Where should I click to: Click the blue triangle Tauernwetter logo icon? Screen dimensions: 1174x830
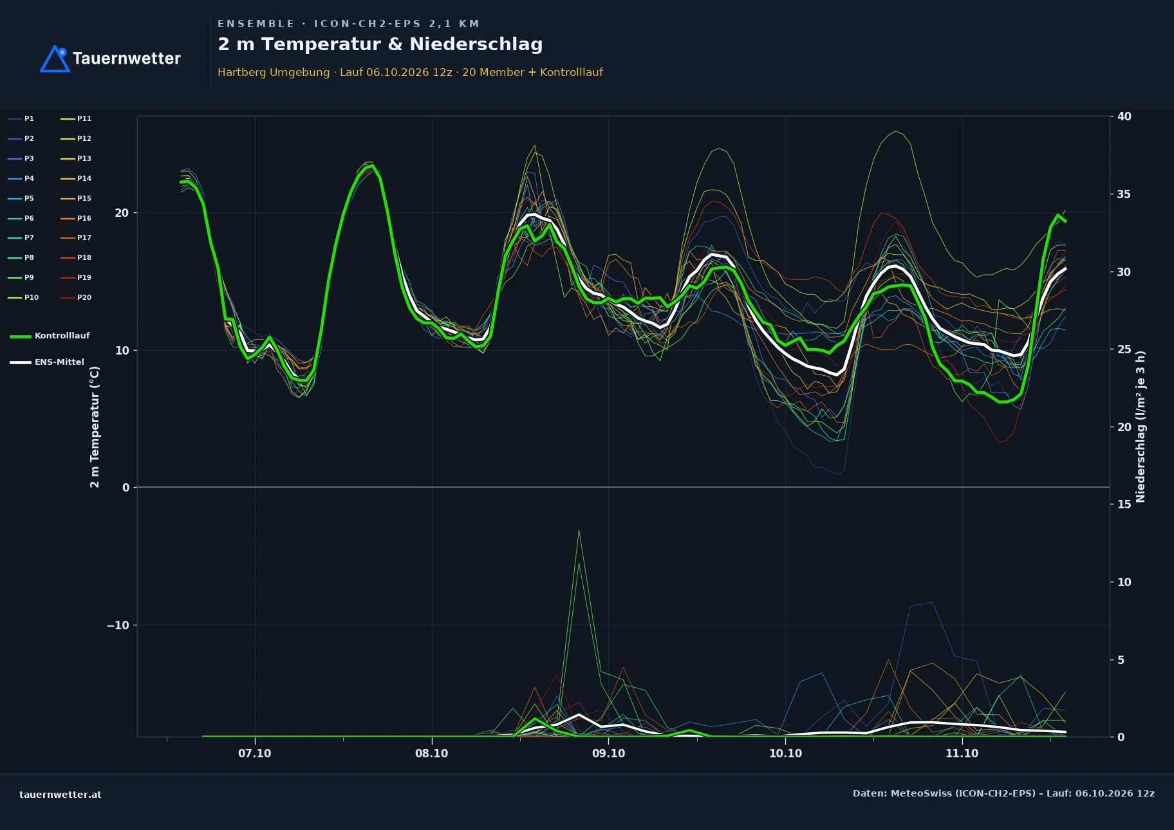[x=55, y=59]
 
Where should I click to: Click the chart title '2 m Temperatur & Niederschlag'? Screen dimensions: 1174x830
[x=380, y=44]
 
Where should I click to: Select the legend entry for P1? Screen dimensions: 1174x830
[x=21, y=118]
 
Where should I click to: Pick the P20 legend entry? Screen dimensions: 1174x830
[x=76, y=297]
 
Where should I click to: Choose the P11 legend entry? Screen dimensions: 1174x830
[x=76, y=118]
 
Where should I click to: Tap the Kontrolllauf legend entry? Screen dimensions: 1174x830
[x=50, y=336]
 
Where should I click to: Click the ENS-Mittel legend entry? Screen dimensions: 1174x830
[x=47, y=362]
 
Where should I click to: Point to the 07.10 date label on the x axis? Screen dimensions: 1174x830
[x=255, y=753]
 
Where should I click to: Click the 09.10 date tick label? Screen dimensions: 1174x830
[x=608, y=753]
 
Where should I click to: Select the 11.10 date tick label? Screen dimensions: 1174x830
[x=962, y=753]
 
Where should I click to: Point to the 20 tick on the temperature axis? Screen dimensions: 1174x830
[x=122, y=213]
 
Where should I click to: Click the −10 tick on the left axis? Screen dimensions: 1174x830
[x=118, y=625]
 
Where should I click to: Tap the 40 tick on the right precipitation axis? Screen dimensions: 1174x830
[x=1124, y=116]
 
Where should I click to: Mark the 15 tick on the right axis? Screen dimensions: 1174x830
[x=1124, y=504]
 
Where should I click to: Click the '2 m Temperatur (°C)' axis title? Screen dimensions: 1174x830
[x=95, y=427]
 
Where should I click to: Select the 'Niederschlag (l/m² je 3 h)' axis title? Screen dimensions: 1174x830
[x=1141, y=427]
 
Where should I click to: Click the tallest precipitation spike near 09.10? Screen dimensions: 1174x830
[x=579, y=530]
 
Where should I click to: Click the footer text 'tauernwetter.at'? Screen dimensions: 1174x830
[x=61, y=795]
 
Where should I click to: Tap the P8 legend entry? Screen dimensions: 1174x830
[x=21, y=257]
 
